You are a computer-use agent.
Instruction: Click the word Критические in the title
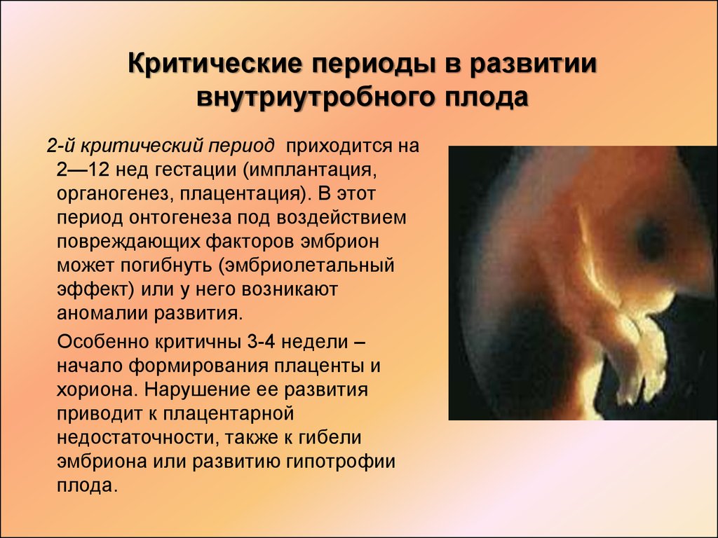(x=215, y=63)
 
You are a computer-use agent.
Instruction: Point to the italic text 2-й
(x=61, y=146)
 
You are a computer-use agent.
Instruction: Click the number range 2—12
(x=83, y=170)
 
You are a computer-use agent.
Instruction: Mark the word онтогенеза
(x=180, y=217)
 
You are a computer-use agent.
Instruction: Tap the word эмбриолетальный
(x=306, y=265)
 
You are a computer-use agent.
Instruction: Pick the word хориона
(x=97, y=389)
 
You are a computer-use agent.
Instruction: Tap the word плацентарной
(x=228, y=413)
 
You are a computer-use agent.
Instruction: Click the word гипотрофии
(x=341, y=461)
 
